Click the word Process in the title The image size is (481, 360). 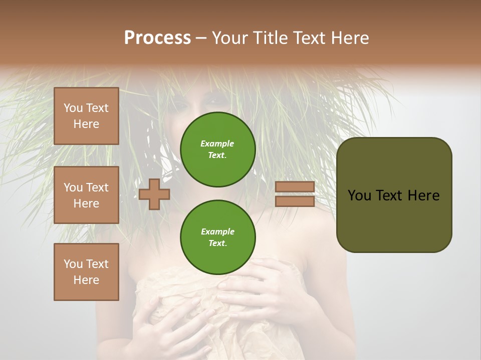pyautogui.click(x=157, y=38)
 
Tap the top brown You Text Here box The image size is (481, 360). pyautogui.click(x=86, y=116)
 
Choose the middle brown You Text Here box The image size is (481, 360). pyautogui.click(x=86, y=195)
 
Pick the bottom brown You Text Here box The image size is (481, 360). pyautogui.click(x=86, y=272)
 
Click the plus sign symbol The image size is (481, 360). pyautogui.click(x=154, y=194)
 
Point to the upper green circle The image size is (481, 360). pyautogui.click(x=218, y=149)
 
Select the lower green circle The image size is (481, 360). pyautogui.click(x=218, y=237)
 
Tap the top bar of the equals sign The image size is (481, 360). pyautogui.click(x=295, y=186)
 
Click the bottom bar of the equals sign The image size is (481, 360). pyautogui.click(x=295, y=201)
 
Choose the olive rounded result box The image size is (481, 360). pyautogui.click(x=394, y=195)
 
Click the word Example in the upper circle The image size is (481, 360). pyautogui.click(x=217, y=143)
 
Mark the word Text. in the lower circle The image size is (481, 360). pyautogui.click(x=217, y=243)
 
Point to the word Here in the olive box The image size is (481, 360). pyautogui.click(x=423, y=195)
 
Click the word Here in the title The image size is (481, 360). pyautogui.click(x=350, y=38)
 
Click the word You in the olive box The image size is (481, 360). pyautogui.click(x=359, y=195)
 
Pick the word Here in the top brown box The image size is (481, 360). pyautogui.click(x=86, y=124)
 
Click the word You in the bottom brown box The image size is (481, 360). pyautogui.click(x=73, y=264)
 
